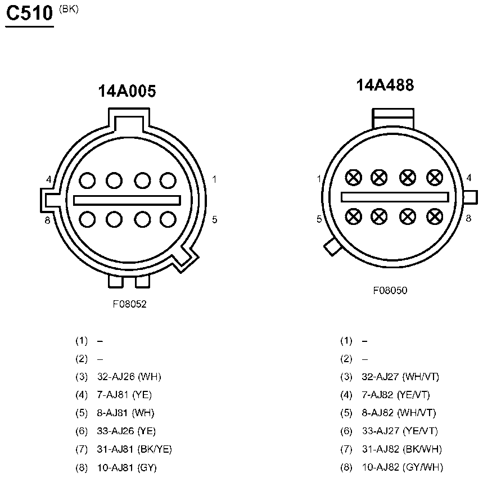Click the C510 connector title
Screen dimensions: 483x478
click(x=30, y=13)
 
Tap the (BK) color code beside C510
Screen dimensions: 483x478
click(x=69, y=9)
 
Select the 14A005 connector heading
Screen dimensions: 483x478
click(x=127, y=91)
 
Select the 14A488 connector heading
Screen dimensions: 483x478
click(x=385, y=85)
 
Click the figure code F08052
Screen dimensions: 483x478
click(x=129, y=304)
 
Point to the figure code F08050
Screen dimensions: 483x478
click(x=390, y=290)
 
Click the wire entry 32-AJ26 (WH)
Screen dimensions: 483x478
click(x=129, y=377)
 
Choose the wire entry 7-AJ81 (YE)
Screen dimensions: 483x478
click(x=124, y=395)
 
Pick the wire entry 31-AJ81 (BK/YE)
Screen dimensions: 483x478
click(x=134, y=449)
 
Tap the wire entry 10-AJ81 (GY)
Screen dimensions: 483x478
click(x=127, y=468)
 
